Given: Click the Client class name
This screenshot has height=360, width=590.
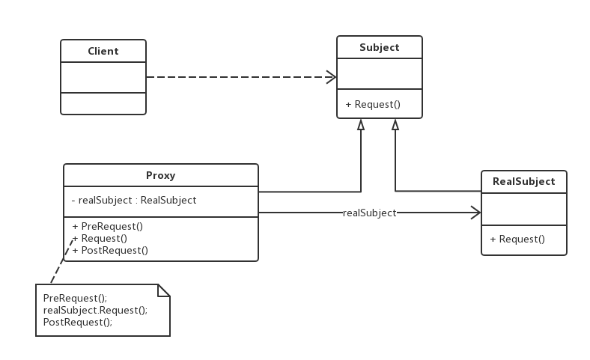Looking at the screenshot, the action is [x=103, y=51].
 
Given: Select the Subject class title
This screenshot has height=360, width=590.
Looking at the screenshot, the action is [x=380, y=47].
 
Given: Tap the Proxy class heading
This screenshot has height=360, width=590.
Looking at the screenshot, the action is [x=161, y=176].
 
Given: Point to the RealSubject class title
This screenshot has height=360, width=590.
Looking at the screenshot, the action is [x=524, y=181].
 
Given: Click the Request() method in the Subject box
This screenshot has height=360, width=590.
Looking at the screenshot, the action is [x=373, y=104].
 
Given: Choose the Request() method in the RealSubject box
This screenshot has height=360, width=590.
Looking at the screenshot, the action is [x=517, y=240].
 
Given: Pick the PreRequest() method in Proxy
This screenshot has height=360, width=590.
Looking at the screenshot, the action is [x=108, y=227].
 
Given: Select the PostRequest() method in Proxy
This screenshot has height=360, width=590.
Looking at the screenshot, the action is [x=110, y=251].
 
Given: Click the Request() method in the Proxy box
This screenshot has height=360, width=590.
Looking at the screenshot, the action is [x=100, y=239].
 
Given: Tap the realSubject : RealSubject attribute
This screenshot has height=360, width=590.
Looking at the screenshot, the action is [x=134, y=200].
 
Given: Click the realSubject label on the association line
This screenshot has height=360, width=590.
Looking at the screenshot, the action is [x=370, y=213].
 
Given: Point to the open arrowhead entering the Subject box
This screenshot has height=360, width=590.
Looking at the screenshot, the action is [x=331, y=77].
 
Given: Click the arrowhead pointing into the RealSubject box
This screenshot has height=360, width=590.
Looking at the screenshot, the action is [x=475, y=213].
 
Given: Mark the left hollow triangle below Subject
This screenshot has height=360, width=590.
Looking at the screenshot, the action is [x=361, y=125].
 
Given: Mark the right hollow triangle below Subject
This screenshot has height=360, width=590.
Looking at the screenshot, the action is [x=395, y=125].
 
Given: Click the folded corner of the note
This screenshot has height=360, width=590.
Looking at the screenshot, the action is [x=164, y=290].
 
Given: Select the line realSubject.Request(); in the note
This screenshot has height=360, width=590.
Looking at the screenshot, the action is [x=95, y=311].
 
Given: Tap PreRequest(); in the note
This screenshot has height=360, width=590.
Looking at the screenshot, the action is [x=76, y=299].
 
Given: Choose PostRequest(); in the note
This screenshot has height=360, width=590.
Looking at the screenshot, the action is [x=78, y=323].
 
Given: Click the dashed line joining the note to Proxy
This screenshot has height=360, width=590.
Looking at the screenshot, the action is [x=62, y=260].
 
